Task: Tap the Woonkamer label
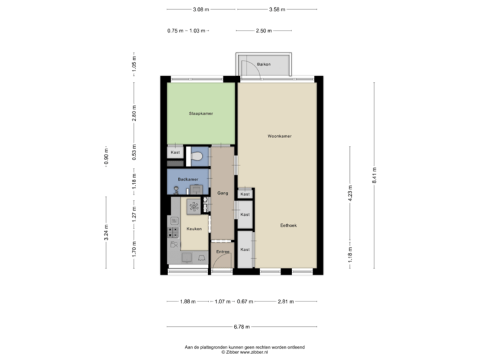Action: pos(280,136)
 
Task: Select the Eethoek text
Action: pos(289,225)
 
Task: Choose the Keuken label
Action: pos(194,228)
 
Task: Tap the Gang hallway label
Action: pos(223,193)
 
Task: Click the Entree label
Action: pos(223,251)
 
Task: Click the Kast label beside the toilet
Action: pos(175,153)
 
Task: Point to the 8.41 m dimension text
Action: pos(374,175)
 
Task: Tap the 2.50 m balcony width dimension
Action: pos(263,31)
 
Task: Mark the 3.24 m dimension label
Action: pos(105,233)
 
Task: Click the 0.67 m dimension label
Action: pos(246,301)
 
